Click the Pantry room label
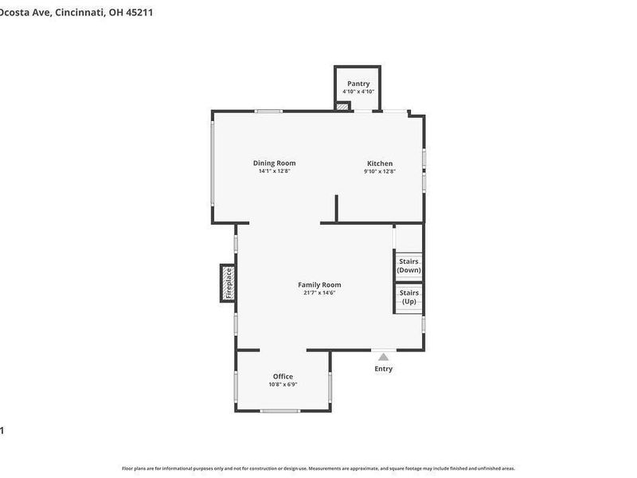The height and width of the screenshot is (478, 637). pos(358,84)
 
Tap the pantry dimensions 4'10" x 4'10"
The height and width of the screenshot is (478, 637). pos(358,92)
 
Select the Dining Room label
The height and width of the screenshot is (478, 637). pos(275,163)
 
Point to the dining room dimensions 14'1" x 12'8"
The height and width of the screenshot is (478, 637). pos(275,171)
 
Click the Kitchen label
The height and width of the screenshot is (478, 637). pos(380,163)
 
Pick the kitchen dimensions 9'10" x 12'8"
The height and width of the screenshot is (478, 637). pos(380,171)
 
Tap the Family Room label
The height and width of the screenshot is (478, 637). pos(319,284)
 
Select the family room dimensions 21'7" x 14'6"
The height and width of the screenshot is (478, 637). pos(319,292)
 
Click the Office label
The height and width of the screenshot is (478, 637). pos(283,377)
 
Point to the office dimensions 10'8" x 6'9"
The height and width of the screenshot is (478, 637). pos(283,385)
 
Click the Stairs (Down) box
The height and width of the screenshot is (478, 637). pos(408,266)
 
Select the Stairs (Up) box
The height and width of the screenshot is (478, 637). pos(408,297)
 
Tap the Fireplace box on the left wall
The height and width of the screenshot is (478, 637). pos(228,283)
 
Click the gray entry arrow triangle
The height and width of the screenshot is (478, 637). pos(383,357)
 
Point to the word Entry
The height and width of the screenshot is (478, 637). pos(383,369)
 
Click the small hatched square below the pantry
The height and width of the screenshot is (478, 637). pos(342,106)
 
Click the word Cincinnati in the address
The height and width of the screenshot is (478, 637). pos(80,13)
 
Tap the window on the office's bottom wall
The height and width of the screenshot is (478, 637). pos(279,411)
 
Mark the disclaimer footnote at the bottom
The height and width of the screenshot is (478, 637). pos(318,468)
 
